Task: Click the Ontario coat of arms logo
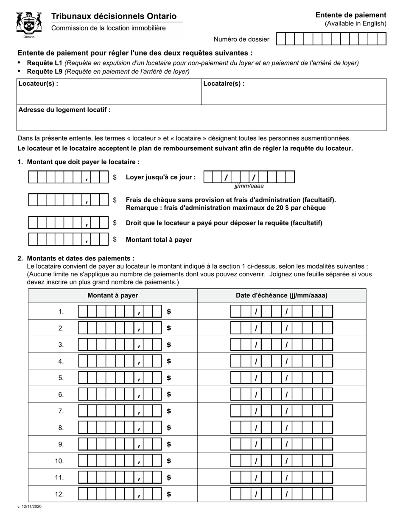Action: pyautogui.click(x=29, y=25)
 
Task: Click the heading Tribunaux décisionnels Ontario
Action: pyautogui.click(x=114, y=16)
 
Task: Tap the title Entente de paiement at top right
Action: pyautogui.click(x=350, y=15)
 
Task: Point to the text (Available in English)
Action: pyautogui.click(x=355, y=24)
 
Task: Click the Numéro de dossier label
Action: pyautogui.click(x=241, y=39)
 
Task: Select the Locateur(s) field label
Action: pyautogui.click(x=38, y=84)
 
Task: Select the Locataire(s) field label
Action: pyautogui.click(x=224, y=84)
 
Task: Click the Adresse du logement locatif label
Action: pyautogui.click(x=64, y=110)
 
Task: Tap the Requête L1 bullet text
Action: pyautogui.click(x=193, y=63)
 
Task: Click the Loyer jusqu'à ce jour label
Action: pyautogui.click(x=161, y=177)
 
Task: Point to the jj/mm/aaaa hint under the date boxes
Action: pyautogui.click(x=249, y=186)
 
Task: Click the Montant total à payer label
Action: pyautogui.click(x=159, y=240)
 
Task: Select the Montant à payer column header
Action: pyautogui.click(x=112, y=295)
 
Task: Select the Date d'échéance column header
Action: pyautogui.click(x=281, y=295)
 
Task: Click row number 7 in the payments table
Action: pyautogui.click(x=61, y=411)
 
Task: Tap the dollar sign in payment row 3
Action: pyautogui.click(x=169, y=345)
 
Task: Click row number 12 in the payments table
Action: pyautogui.click(x=59, y=494)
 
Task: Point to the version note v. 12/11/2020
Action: pyautogui.click(x=29, y=506)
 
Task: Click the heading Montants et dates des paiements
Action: pyautogui.click(x=81, y=258)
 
